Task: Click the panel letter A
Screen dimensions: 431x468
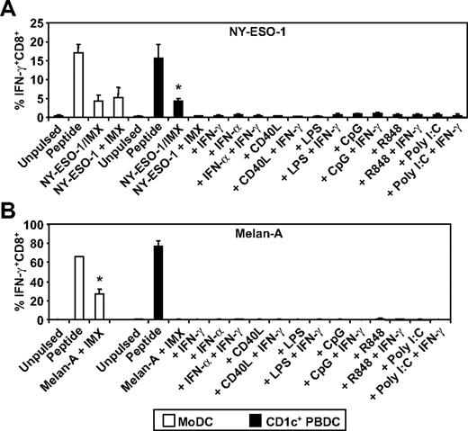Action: click(8, 8)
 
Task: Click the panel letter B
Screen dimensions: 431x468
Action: click(8, 219)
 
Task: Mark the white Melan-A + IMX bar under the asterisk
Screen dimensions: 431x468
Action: click(100, 306)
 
